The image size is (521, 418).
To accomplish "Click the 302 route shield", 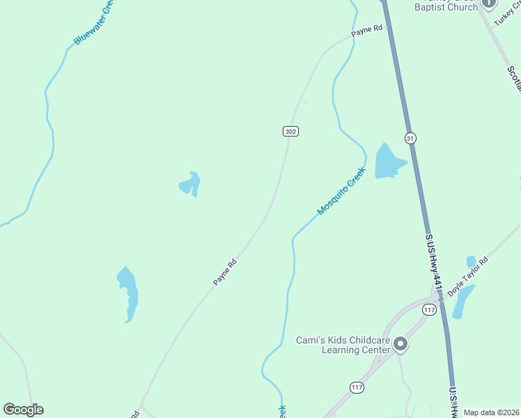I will pos(291,131).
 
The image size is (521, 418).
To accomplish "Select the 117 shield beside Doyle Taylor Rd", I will pos(429,309).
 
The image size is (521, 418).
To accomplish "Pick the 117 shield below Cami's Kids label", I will pos(357,387).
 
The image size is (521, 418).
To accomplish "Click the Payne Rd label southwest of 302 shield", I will pos(225,272).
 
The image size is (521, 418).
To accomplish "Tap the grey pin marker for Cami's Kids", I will pos(401,344).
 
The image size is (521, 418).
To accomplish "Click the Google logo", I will pos(23,410).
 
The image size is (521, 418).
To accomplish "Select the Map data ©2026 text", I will pos(492,412).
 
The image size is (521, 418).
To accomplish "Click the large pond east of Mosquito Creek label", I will pos(387,162).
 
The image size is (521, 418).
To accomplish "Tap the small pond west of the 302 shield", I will pos(190,185).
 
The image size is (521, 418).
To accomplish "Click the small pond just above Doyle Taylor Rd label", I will pos(471,261).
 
